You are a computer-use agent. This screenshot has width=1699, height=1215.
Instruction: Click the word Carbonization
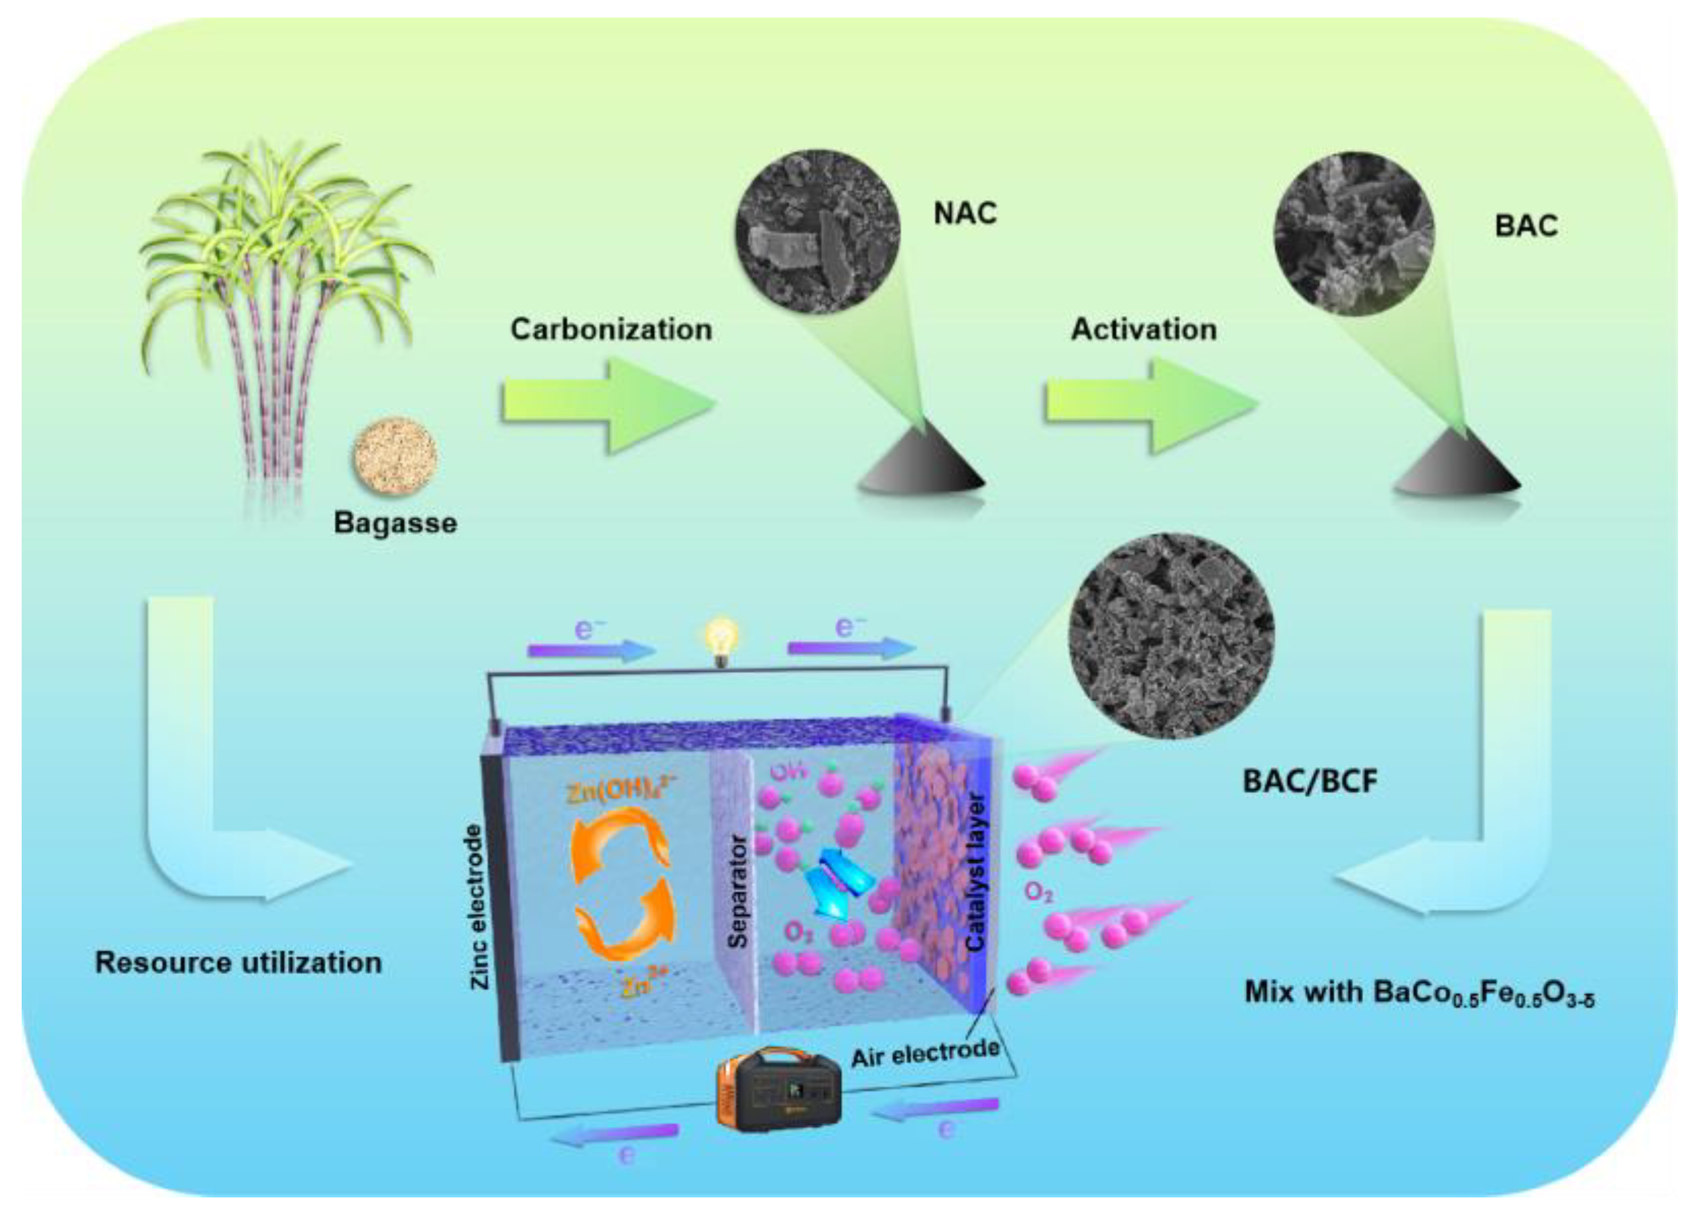(611, 330)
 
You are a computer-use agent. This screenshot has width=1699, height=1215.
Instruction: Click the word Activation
(1143, 330)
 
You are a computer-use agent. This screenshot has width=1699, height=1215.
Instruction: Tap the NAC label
(965, 214)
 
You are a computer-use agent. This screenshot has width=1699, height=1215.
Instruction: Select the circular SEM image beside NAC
(818, 232)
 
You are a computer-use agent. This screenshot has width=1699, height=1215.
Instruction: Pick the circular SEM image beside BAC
(1354, 234)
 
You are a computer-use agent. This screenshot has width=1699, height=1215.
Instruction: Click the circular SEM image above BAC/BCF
(1171, 637)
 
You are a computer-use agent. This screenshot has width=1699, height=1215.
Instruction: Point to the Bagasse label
(395, 523)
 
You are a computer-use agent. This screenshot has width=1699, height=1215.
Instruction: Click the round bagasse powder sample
(395, 456)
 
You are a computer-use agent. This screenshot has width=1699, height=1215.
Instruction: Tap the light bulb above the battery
(722, 640)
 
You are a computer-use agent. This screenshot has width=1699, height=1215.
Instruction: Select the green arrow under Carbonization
(607, 406)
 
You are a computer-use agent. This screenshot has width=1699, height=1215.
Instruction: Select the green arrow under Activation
(1150, 406)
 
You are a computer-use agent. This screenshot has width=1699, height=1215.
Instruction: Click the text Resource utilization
(238, 962)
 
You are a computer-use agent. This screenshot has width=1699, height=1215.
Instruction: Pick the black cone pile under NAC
(920, 463)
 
